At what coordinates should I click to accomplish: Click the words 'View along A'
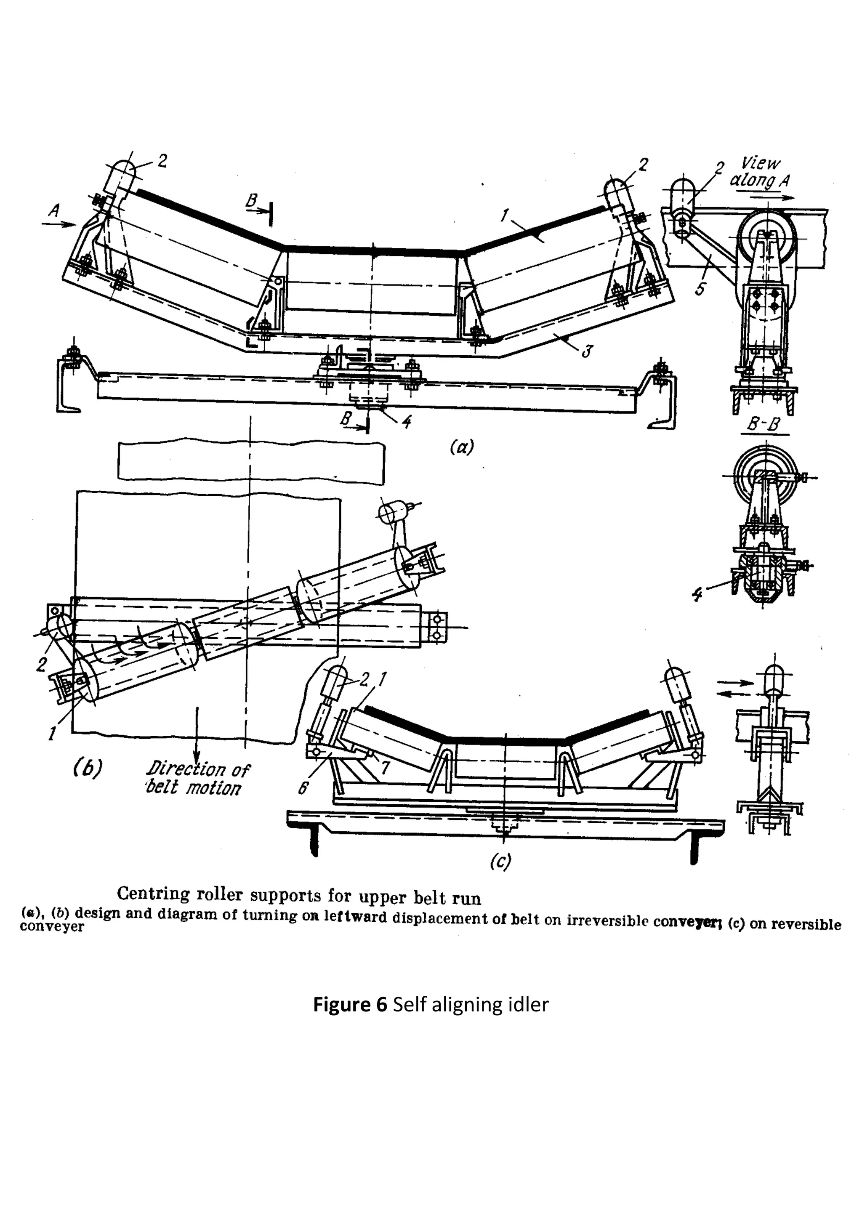[x=761, y=172]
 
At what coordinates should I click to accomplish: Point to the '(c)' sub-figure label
[x=500, y=861]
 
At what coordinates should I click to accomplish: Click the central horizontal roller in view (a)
[x=372, y=282]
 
